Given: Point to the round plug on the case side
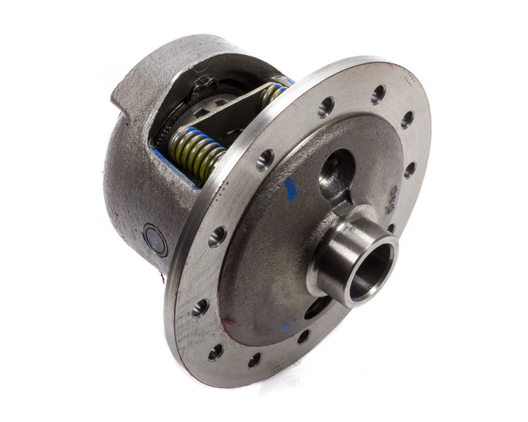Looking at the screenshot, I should point(154,240).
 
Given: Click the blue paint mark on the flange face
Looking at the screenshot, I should point(290,189).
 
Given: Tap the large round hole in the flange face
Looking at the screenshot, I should point(335,173).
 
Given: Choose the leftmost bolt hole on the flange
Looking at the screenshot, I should point(200,307).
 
